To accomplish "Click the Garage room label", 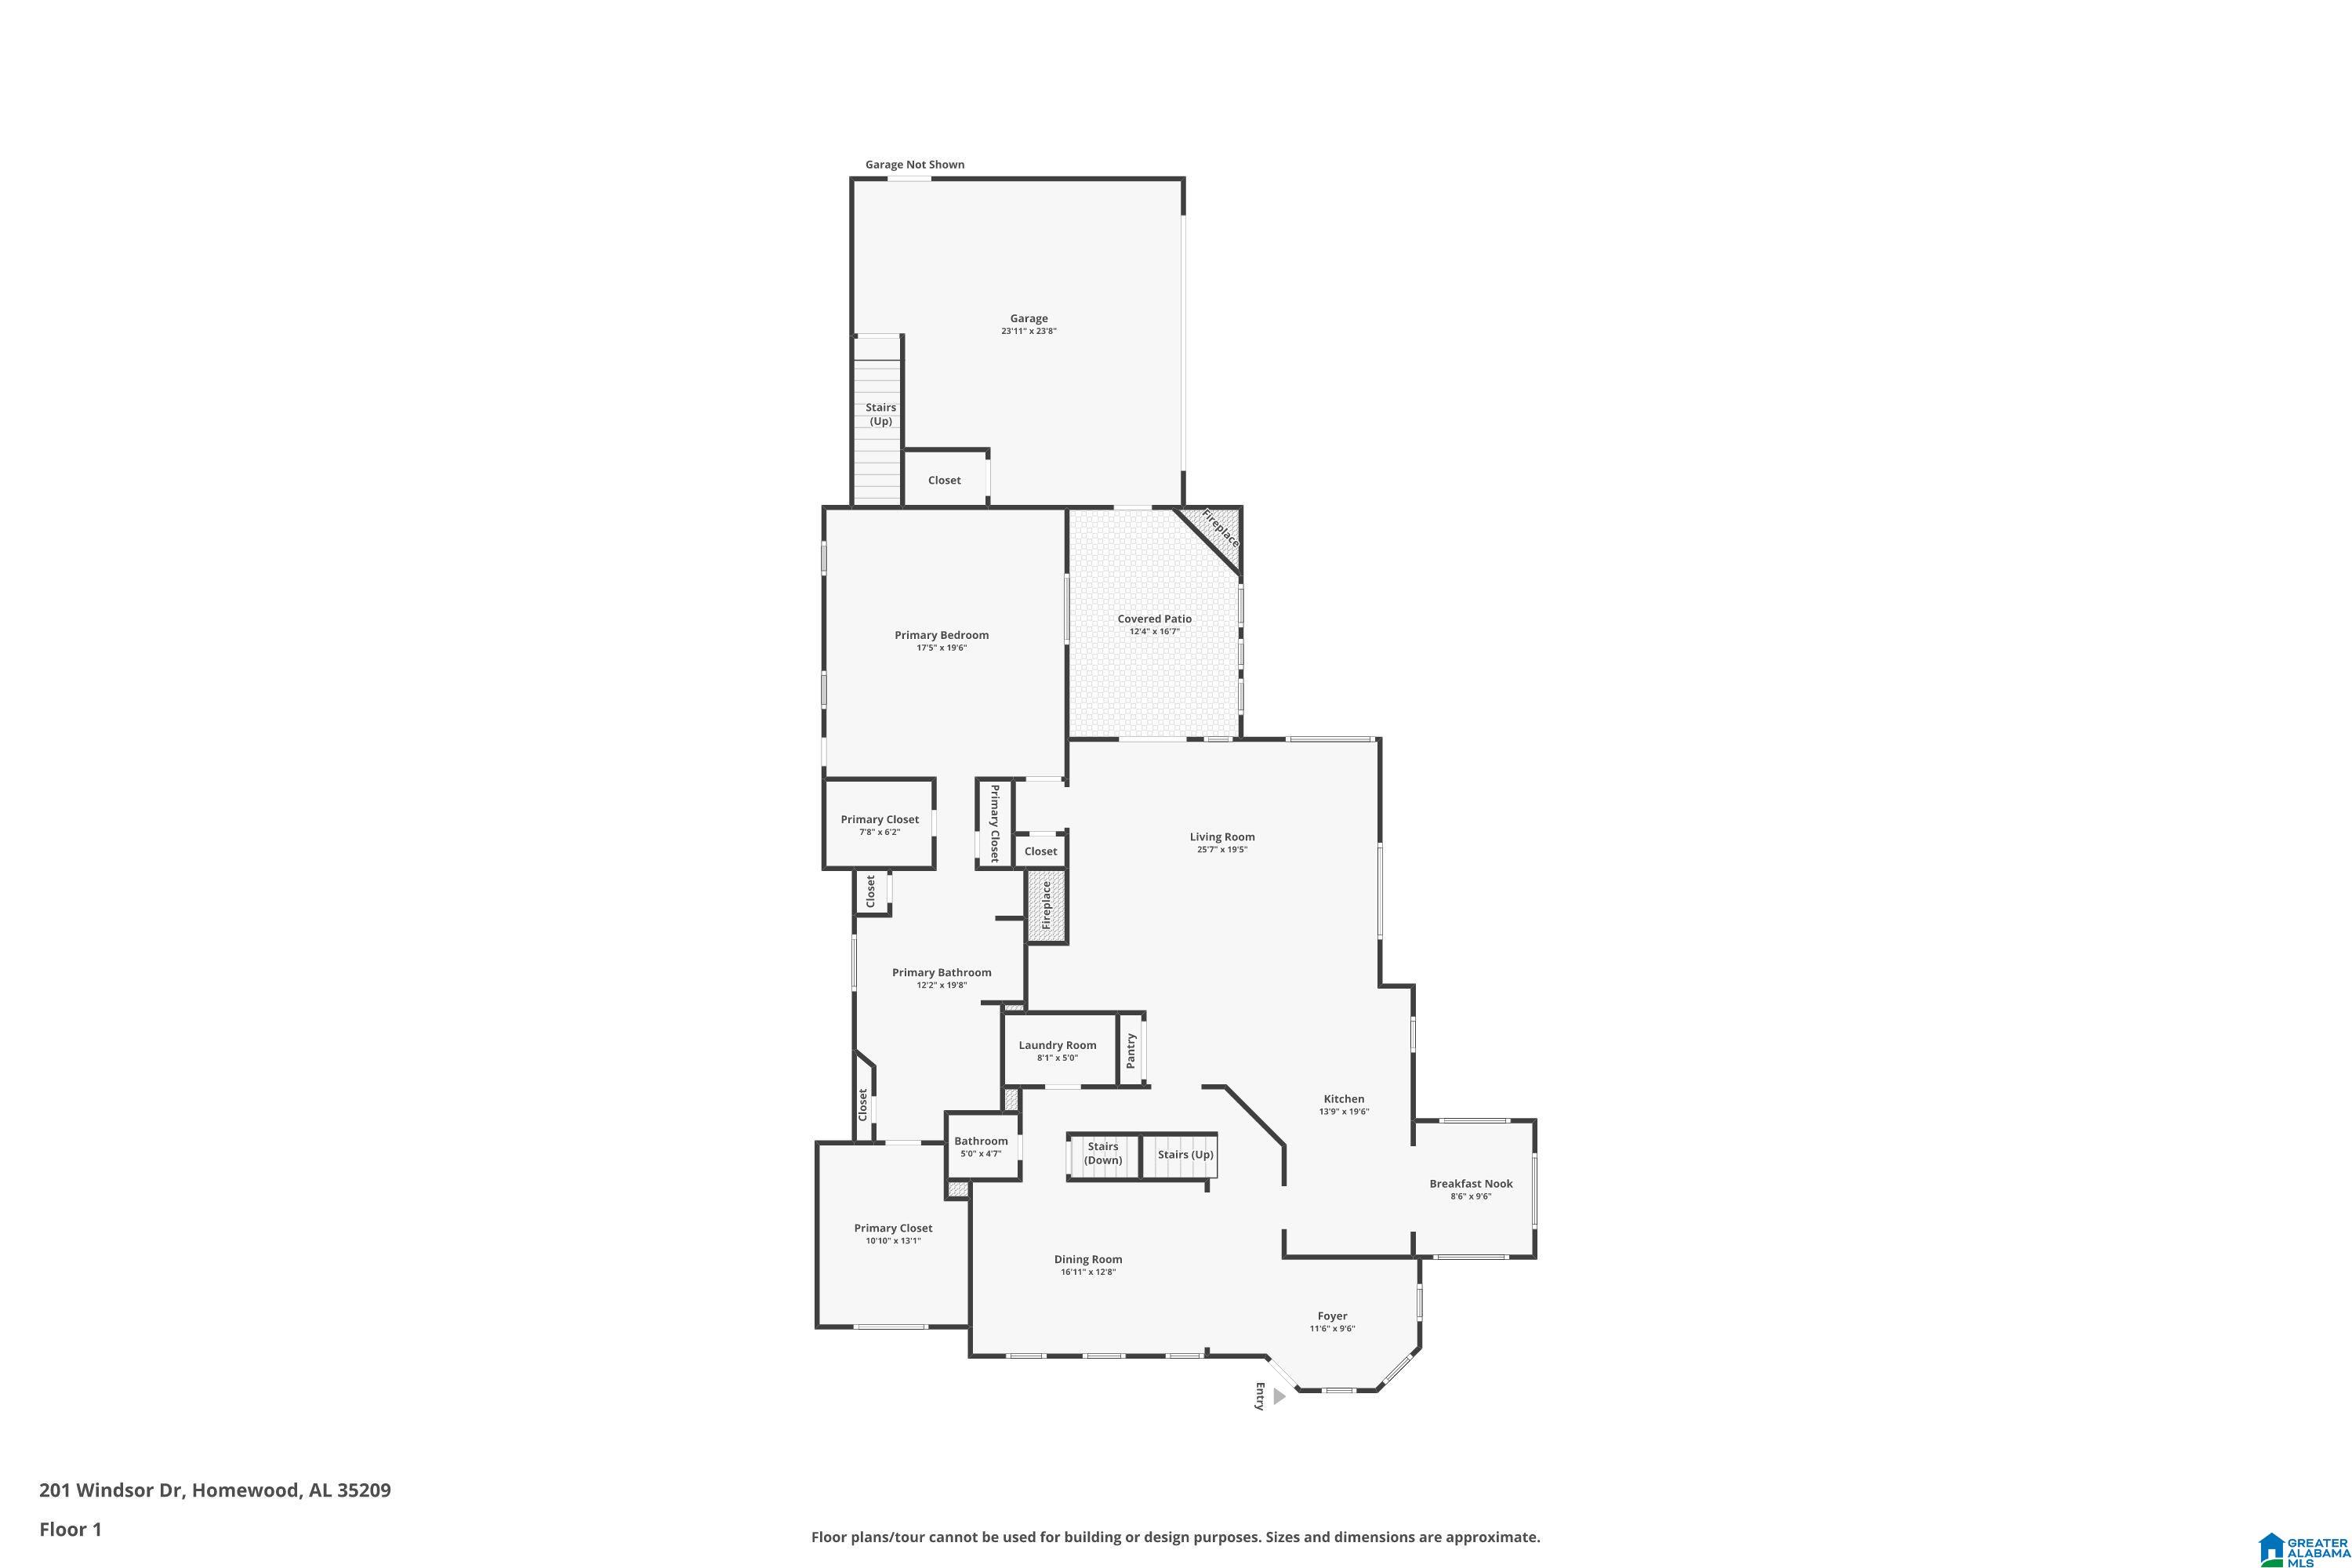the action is [x=1028, y=318].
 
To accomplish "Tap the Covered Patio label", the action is [x=1154, y=619].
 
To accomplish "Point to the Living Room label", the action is [x=1222, y=837].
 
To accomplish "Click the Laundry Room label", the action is [x=1057, y=1045].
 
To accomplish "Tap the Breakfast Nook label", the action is [x=1470, y=1184].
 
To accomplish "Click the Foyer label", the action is [x=1332, y=1316].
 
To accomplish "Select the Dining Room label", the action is [x=1088, y=1260].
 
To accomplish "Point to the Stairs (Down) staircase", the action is [x=1103, y=1157].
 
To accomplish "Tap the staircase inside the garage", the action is [x=877, y=420].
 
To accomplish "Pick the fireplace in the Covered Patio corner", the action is [x=1213, y=536].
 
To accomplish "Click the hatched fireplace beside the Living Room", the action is [x=1046, y=905].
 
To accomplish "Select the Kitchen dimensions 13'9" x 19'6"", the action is [x=1343, y=1111].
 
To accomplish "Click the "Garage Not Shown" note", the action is [x=914, y=165].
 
